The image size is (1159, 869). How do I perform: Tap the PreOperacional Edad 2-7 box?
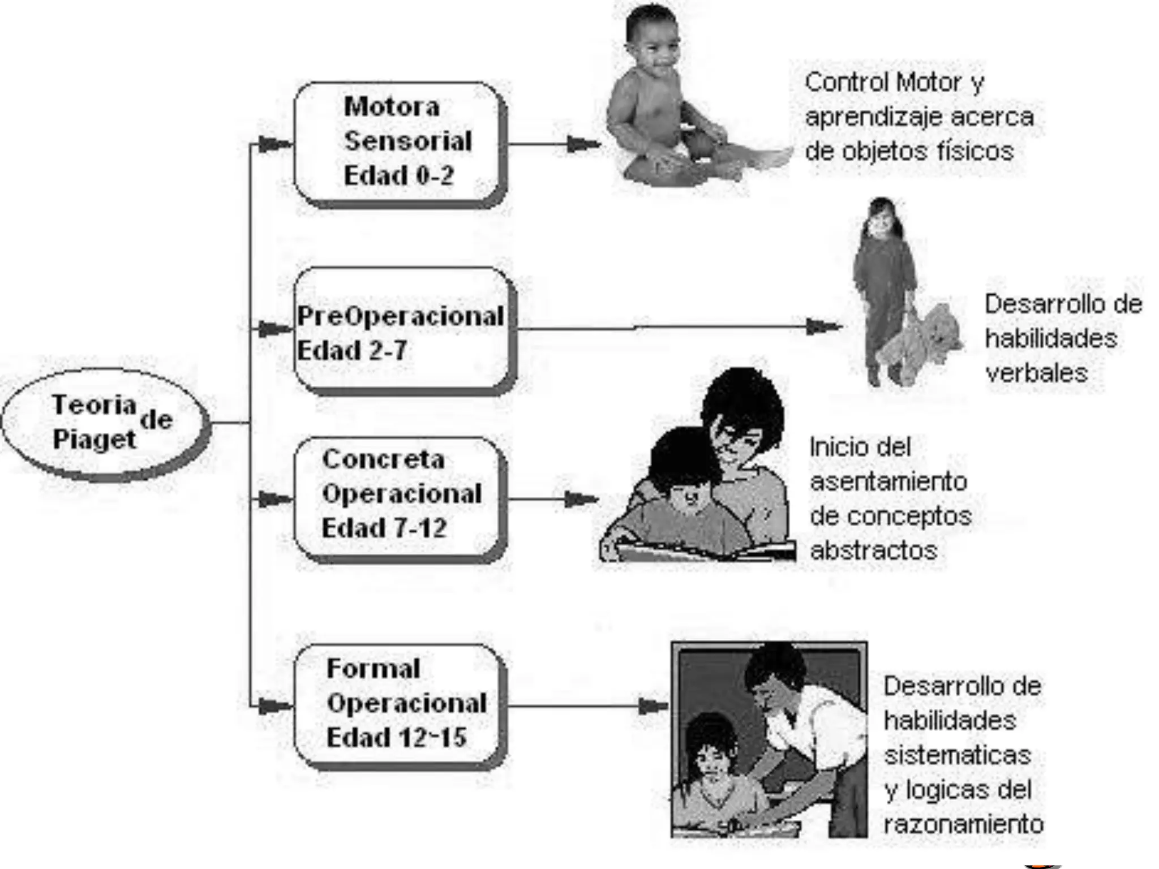tap(404, 330)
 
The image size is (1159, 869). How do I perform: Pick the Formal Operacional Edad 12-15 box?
tap(400, 705)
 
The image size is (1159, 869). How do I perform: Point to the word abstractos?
tap(873, 550)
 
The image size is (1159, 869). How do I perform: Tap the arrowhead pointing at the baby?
tap(583, 145)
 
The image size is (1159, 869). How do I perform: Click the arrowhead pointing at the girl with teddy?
tap(823, 326)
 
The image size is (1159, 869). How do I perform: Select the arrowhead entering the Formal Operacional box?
tap(274, 706)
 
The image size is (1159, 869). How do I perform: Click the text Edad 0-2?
tap(398, 175)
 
